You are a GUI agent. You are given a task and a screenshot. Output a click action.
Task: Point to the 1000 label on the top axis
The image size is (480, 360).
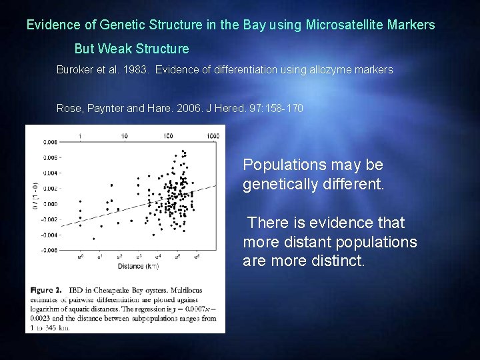[213, 136]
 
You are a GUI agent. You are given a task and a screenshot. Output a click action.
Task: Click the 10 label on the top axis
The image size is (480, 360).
[124, 136]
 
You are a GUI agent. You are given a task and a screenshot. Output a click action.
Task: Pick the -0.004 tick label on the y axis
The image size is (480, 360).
[49, 235]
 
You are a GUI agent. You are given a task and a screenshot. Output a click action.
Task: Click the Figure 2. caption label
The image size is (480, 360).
[47, 290]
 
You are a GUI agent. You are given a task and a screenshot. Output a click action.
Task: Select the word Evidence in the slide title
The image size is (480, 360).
[51, 25]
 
